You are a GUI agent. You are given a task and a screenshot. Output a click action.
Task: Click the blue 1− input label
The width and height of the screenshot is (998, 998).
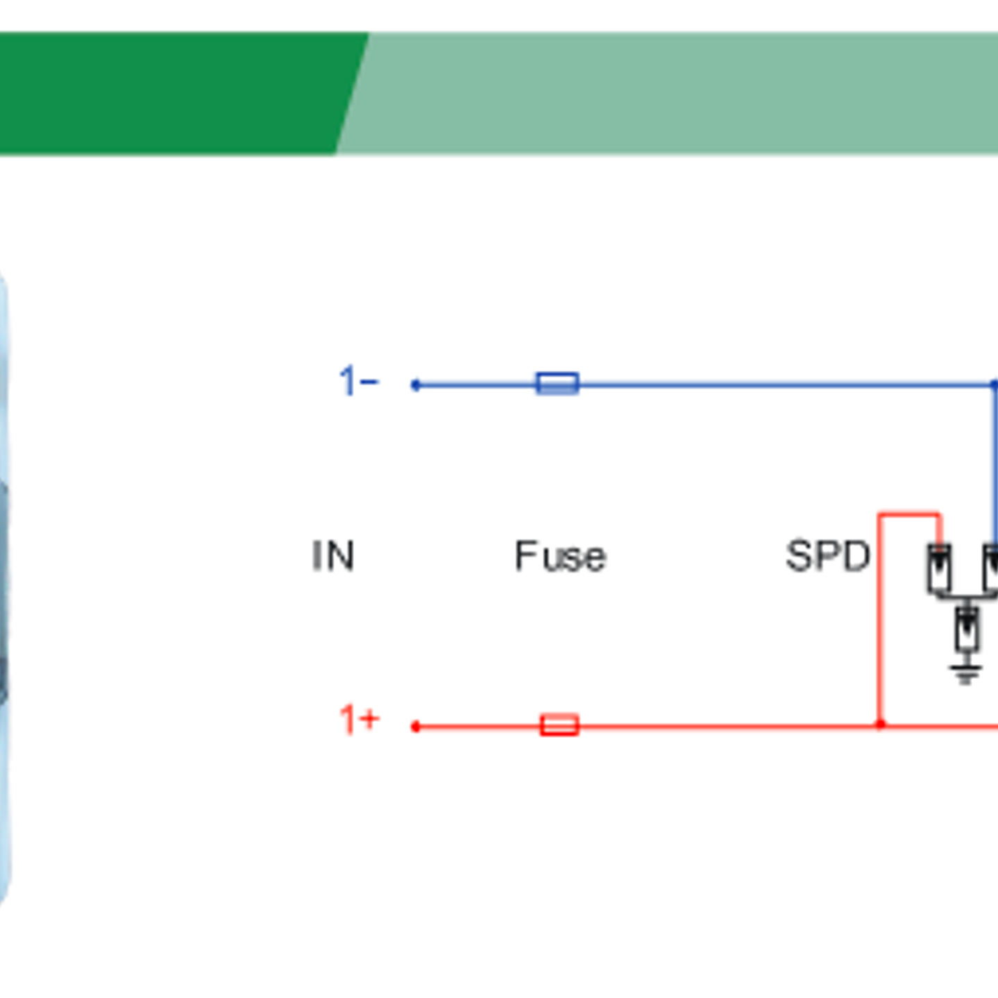pyautogui.click(x=358, y=382)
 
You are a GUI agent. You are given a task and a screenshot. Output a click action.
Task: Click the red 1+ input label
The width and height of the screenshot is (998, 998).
pyautogui.click(x=359, y=720)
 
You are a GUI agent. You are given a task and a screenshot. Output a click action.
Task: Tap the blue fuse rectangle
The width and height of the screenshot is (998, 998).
pyautogui.click(x=558, y=383)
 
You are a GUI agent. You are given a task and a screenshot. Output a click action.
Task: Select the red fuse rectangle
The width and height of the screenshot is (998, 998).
pyautogui.click(x=559, y=725)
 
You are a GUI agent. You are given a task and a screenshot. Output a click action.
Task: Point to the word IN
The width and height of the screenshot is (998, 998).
pyautogui.click(x=333, y=556)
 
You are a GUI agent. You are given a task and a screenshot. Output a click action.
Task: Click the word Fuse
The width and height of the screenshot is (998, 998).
pyautogui.click(x=560, y=556)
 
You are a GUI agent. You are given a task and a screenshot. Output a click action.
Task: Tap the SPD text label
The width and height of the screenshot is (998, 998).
pyautogui.click(x=827, y=556)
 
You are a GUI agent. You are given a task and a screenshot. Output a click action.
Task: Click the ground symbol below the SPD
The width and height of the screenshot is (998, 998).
pyautogui.click(x=966, y=673)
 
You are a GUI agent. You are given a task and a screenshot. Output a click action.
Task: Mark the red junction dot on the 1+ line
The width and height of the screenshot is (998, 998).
pyautogui.click(x=880, y=725)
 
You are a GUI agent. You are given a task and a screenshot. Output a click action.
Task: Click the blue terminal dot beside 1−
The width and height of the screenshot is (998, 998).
pyautogui.click(x=416, y=384)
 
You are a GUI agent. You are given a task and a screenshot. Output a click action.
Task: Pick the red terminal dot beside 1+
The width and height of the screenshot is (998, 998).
pyautogui.click(x=416, y=727)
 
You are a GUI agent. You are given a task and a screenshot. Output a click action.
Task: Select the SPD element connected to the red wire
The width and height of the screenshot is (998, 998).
pyautogui.click(x=939, y=568)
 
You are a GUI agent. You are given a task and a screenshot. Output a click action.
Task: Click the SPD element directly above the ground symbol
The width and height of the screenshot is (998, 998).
pyautogui.click(x=967, y=629)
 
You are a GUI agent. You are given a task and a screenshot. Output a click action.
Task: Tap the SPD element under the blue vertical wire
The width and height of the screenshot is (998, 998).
pyautogui.click(x=991, y=568)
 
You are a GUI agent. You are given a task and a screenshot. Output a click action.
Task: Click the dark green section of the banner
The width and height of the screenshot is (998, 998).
pyautogui.click(x=174, y=92)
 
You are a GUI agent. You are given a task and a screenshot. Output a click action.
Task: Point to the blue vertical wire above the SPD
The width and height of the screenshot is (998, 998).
pyautogui.click(x=995, y=465)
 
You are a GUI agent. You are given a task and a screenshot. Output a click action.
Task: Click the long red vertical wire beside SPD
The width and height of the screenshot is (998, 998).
pyautogui.click(x=880, y=625)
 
